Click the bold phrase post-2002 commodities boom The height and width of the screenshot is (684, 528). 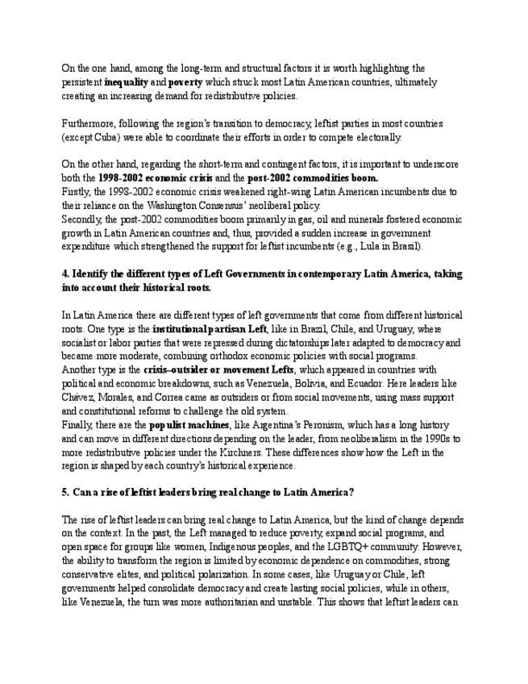click(314, 177)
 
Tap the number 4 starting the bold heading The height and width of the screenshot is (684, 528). click(65, 273)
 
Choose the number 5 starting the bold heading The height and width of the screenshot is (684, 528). click(65, 493)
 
